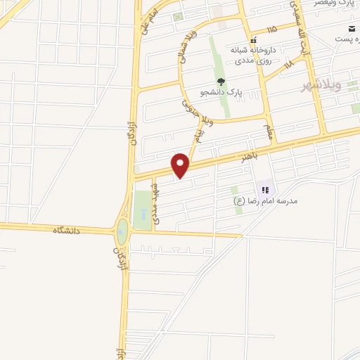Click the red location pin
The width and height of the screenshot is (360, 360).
pos(181,165)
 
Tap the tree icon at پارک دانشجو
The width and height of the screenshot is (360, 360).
pos(221,82)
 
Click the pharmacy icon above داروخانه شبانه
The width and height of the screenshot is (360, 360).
pos(254,39)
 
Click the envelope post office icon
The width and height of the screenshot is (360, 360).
pos(350,29)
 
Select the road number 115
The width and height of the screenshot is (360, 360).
pos(272,29)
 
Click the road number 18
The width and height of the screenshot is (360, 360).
pos(288,65)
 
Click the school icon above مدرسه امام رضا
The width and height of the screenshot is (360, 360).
pos(266,188)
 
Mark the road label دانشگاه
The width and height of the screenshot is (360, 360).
pos(66,230)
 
